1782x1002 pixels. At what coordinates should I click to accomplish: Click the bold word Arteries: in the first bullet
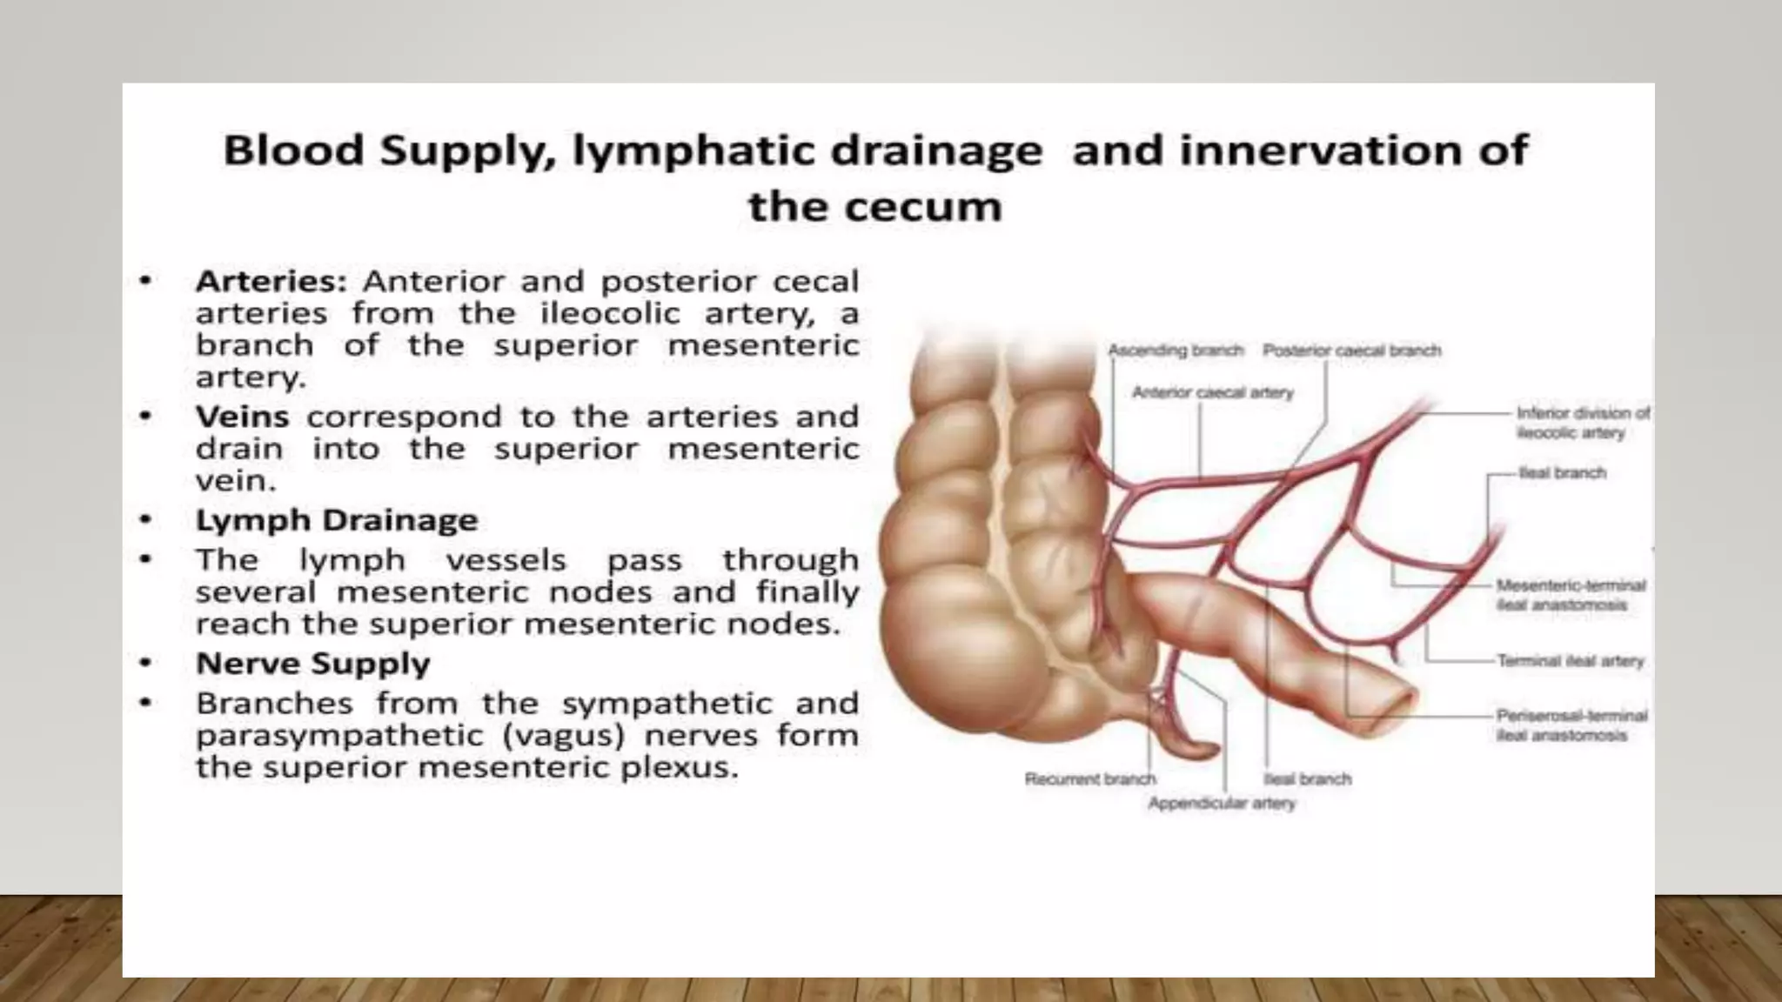(271, 282)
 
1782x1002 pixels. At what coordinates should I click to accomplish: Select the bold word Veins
(242, 417)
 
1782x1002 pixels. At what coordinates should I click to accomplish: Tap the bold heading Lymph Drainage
(337, 520)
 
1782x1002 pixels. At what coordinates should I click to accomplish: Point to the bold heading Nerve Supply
(312, 664)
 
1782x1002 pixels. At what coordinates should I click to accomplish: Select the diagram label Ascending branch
(1175, 351)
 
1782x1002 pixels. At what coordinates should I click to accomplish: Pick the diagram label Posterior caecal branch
(1351, 351)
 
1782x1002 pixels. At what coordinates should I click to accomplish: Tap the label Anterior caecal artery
(1212, 393)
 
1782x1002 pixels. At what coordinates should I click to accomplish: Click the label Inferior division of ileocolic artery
(1582, 423)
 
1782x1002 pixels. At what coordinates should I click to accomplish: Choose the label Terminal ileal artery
(1570, 661)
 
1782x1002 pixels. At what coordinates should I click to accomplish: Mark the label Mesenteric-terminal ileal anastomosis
(1570, 595)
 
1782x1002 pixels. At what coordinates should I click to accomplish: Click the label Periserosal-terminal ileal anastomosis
(1571, 725)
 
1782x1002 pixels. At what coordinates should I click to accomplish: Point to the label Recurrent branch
(1089, 779)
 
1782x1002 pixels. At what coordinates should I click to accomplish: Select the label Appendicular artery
(1221, 804)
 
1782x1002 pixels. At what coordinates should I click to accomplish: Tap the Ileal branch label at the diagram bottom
(1307, 779)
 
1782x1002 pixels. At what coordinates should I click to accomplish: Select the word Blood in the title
(293, 150)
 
